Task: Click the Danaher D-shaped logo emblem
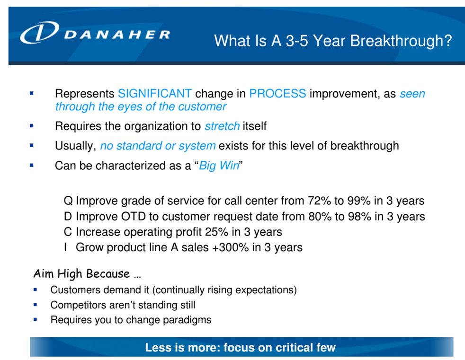pos(39,32)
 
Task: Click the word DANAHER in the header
pos(117,35)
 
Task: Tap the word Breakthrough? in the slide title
pos(401,41)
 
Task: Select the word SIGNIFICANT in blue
pos(155,94)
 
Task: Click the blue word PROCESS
pos(277,94)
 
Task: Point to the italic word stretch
pos(222,126)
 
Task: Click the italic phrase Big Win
pos(219,166)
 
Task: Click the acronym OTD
pos(133,216)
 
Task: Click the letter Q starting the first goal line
pos(68,201)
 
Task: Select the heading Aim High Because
pos(87,274)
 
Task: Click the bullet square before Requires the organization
pos(32,126)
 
